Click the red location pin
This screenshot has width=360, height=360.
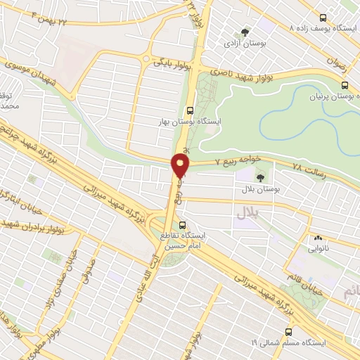point(181,166)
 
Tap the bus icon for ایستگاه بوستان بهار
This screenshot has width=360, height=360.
point(190,110)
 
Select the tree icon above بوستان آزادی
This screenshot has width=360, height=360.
point(245,32)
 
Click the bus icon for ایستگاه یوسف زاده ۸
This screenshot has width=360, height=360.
point(323,18)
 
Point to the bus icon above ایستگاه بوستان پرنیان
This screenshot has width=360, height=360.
point(344,85)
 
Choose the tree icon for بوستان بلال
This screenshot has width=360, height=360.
point(261,178)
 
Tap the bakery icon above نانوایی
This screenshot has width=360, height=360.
point(317,238)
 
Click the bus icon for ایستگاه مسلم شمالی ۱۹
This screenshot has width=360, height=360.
point(288,332)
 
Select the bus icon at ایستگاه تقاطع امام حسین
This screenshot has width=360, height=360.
point(183,225)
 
